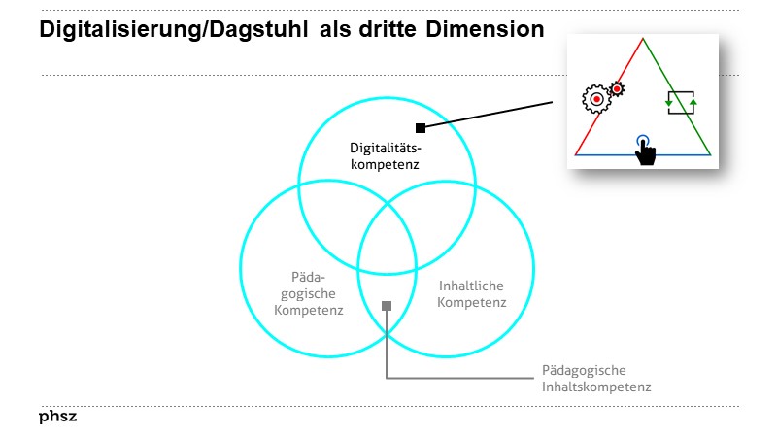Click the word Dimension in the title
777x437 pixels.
(485, 29)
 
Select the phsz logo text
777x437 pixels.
(57, 418)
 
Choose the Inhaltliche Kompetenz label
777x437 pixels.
(472, 294)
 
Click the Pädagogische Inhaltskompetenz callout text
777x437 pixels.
(595, 378)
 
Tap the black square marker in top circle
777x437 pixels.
(420, 127)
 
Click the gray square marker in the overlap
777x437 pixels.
(386, 306)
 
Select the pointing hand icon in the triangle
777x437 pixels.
(644, 150)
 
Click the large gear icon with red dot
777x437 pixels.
(594, 97)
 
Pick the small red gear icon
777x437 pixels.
(616, 88)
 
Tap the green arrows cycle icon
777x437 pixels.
(680, 101)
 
